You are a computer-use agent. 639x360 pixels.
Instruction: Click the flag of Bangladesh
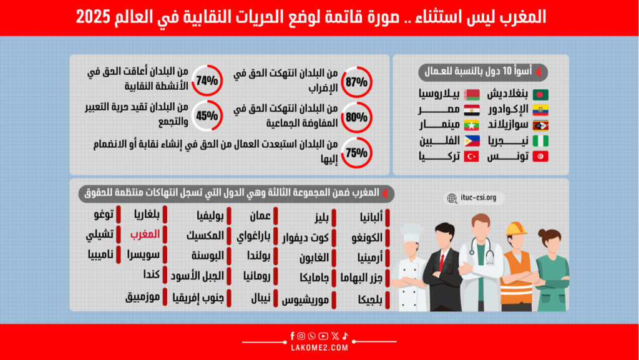[540, 95]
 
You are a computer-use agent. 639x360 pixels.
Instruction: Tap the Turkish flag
[472, 157]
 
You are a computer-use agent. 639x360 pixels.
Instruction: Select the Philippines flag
[472, 141]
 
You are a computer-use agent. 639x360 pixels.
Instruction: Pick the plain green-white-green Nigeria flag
[540, 141]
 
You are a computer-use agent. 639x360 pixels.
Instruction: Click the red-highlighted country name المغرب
[145, 234]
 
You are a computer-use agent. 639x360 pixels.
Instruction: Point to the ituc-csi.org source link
[474, 198]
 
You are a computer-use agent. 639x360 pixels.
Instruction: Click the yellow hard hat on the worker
[516, 229]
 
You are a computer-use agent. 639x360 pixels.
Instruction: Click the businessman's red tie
[442, 261]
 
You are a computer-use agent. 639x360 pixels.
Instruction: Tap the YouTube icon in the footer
[323, 336]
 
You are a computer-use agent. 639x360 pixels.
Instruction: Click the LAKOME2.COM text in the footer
[319, 348]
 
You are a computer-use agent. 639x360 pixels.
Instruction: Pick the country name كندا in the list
[151, 275]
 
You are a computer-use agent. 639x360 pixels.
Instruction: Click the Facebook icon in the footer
[292, 336]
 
